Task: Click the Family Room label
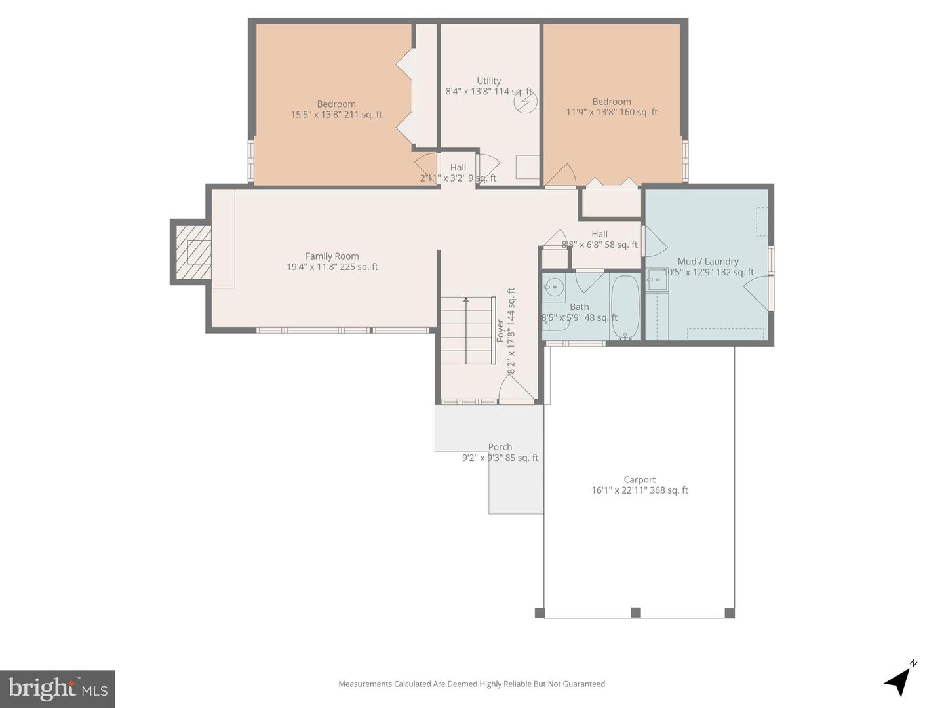pyautogui.click(x=332, y=256)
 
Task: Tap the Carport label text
pyautogui.click(x=639, y=479)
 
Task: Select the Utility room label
pyautogui.click(x=488, y=81)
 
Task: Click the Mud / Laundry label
pyautogui.click(x=708, y=261)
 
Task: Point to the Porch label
pyautogui.click(x=500, y=447)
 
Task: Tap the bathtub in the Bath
pyautogui.click(x=625, y=307)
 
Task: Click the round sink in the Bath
pyautogui.click(x=554, y=286)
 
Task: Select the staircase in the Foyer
pyautogui.click(x=466, y=330)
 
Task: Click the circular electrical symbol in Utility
pyautogui.click(x=525, y=102)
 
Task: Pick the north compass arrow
pyautogui.click(x=899, y=680)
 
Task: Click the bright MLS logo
pyautogui.click(x=58, y=688)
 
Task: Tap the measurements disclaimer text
pyautogui.click(x=471, y=684)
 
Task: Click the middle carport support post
pyautogui.click(x=635, y=612)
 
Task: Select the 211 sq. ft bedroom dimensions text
pyautogui.click(x=336, y=115)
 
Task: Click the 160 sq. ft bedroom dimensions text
pyautogui.click(x=612, y=112)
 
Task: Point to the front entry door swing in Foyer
pyautogui.click(x=515, y=388)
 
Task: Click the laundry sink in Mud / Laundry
pyautogui.click(x=657, y=280)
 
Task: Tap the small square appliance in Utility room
pyautogui.click(x=526, y=167)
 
